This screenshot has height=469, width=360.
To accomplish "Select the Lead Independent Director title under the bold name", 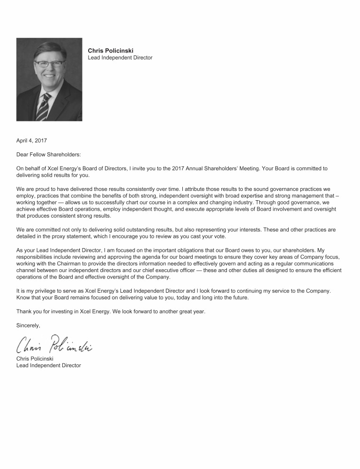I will [x=120, y=58].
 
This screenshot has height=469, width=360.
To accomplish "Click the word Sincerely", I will [x=28, y=325].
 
